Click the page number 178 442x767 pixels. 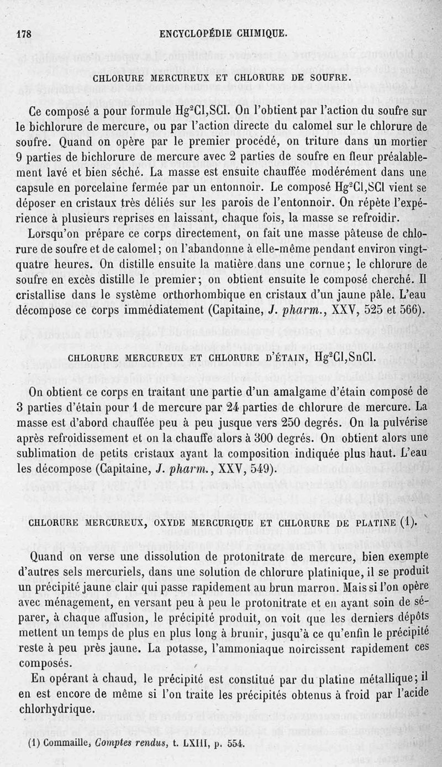click(x=24, y=34)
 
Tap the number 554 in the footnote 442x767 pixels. click(x=234, y=743)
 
